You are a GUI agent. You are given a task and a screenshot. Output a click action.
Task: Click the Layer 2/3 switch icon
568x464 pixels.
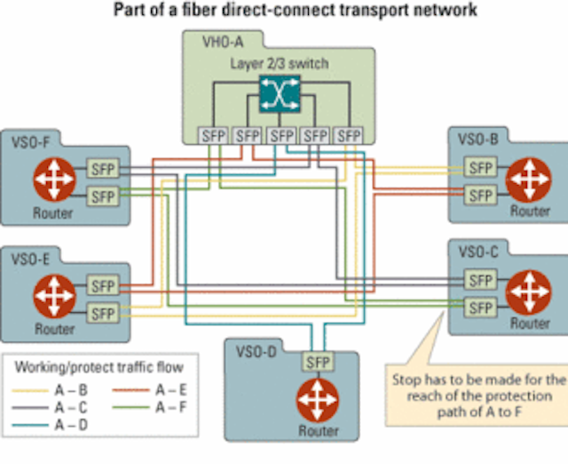click(x=280, y=93)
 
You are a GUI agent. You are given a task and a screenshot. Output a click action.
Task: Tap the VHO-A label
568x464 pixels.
click(x=223, y=43)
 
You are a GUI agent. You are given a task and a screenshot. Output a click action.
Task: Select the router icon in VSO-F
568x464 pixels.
click(x=54, y=179)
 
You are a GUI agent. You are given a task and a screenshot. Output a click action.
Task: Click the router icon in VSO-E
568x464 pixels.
click(x=54, y=296)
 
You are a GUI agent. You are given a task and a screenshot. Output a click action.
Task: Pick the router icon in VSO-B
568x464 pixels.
click(x=529, y=180)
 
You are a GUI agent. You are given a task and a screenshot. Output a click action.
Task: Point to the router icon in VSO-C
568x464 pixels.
click(x=529, y=292)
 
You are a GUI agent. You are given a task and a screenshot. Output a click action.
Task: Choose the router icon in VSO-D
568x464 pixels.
click(x=318, y=400)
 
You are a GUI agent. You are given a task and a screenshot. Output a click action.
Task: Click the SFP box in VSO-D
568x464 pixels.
click(x=318, y=362)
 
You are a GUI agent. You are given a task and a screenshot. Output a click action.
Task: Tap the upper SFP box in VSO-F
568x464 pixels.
click(x=103, y=169)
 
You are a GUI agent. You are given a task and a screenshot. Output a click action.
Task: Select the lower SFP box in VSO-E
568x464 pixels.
click(x=103, y=314)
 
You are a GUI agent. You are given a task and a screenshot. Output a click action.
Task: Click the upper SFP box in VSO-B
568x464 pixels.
click(x=480, y=167)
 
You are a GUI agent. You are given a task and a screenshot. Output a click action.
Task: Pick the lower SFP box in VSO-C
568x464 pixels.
click(x=480, y=308)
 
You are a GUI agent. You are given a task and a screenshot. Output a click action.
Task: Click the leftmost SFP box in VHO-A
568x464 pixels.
click(x=214, y=136)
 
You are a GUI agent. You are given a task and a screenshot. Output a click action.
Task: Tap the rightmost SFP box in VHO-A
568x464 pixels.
click(x=349, y=136)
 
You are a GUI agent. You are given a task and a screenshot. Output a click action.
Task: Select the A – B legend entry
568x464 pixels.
click(x=50, y=391)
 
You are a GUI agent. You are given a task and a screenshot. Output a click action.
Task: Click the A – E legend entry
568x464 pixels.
click(x=150, y=390)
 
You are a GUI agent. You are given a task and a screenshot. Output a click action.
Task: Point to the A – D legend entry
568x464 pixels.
click(x=50, y=425)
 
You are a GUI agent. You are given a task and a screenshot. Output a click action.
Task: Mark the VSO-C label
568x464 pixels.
click(x=478, y=252)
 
